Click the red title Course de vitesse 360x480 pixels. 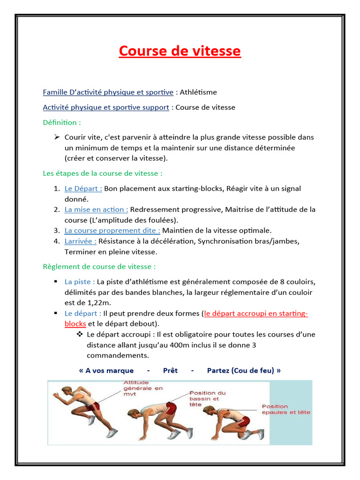pos(180,51)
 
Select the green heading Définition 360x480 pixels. pos(61,122)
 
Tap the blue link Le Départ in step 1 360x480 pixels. pos(83,188)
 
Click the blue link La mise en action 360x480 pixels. pos(96,210)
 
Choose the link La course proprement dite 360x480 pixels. pos(112,231)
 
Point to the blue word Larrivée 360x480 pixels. pos(80,241)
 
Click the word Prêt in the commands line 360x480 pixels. pos(170,370)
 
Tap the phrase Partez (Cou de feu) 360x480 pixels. pos(244,370)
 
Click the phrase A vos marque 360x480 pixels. pos(106,370)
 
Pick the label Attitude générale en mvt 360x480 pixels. pos(143,388)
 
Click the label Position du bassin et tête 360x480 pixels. pos(207,398)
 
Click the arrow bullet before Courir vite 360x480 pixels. pos(57,137)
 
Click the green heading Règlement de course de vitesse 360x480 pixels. pos(99,267)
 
